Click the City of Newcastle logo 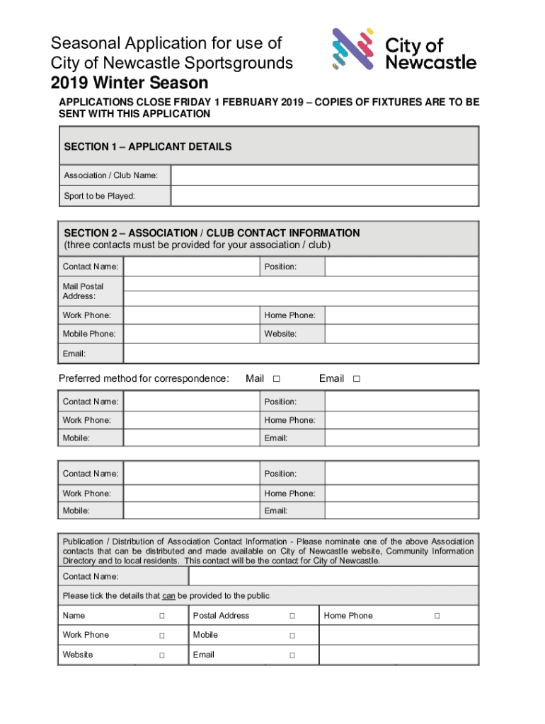pos(404,49)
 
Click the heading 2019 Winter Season pos(129,83)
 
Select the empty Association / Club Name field pos(324,175)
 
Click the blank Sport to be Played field pos(324,196)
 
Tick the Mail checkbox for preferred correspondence pos(276,379)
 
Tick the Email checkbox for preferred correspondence pos(356,379)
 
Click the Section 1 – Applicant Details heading pos(148,147)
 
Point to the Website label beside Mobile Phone pos(280,334)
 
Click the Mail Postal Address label pos(83,291)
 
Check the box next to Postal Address pos(292,616)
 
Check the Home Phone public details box pos(437,616)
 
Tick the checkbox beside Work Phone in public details pos(161,636)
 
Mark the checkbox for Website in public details pos(161,655)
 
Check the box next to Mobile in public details pos(292,636)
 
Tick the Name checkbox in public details pos(161,616)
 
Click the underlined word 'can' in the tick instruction pos(168,596)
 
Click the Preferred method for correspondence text pos(144,379)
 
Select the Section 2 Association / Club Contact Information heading pos(212,233)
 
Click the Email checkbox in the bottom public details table pos(292,655)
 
